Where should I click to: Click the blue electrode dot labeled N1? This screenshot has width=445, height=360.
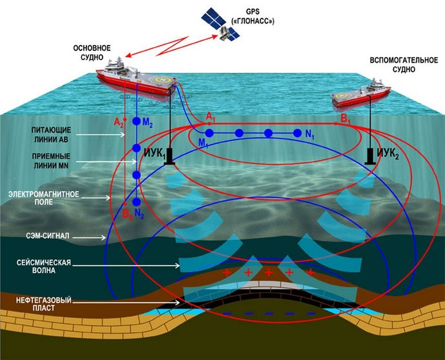click(x=297, y=132)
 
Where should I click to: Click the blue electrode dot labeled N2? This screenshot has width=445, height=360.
click(x=136, y=201)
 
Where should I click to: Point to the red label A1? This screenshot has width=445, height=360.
click(x=211, y=116)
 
